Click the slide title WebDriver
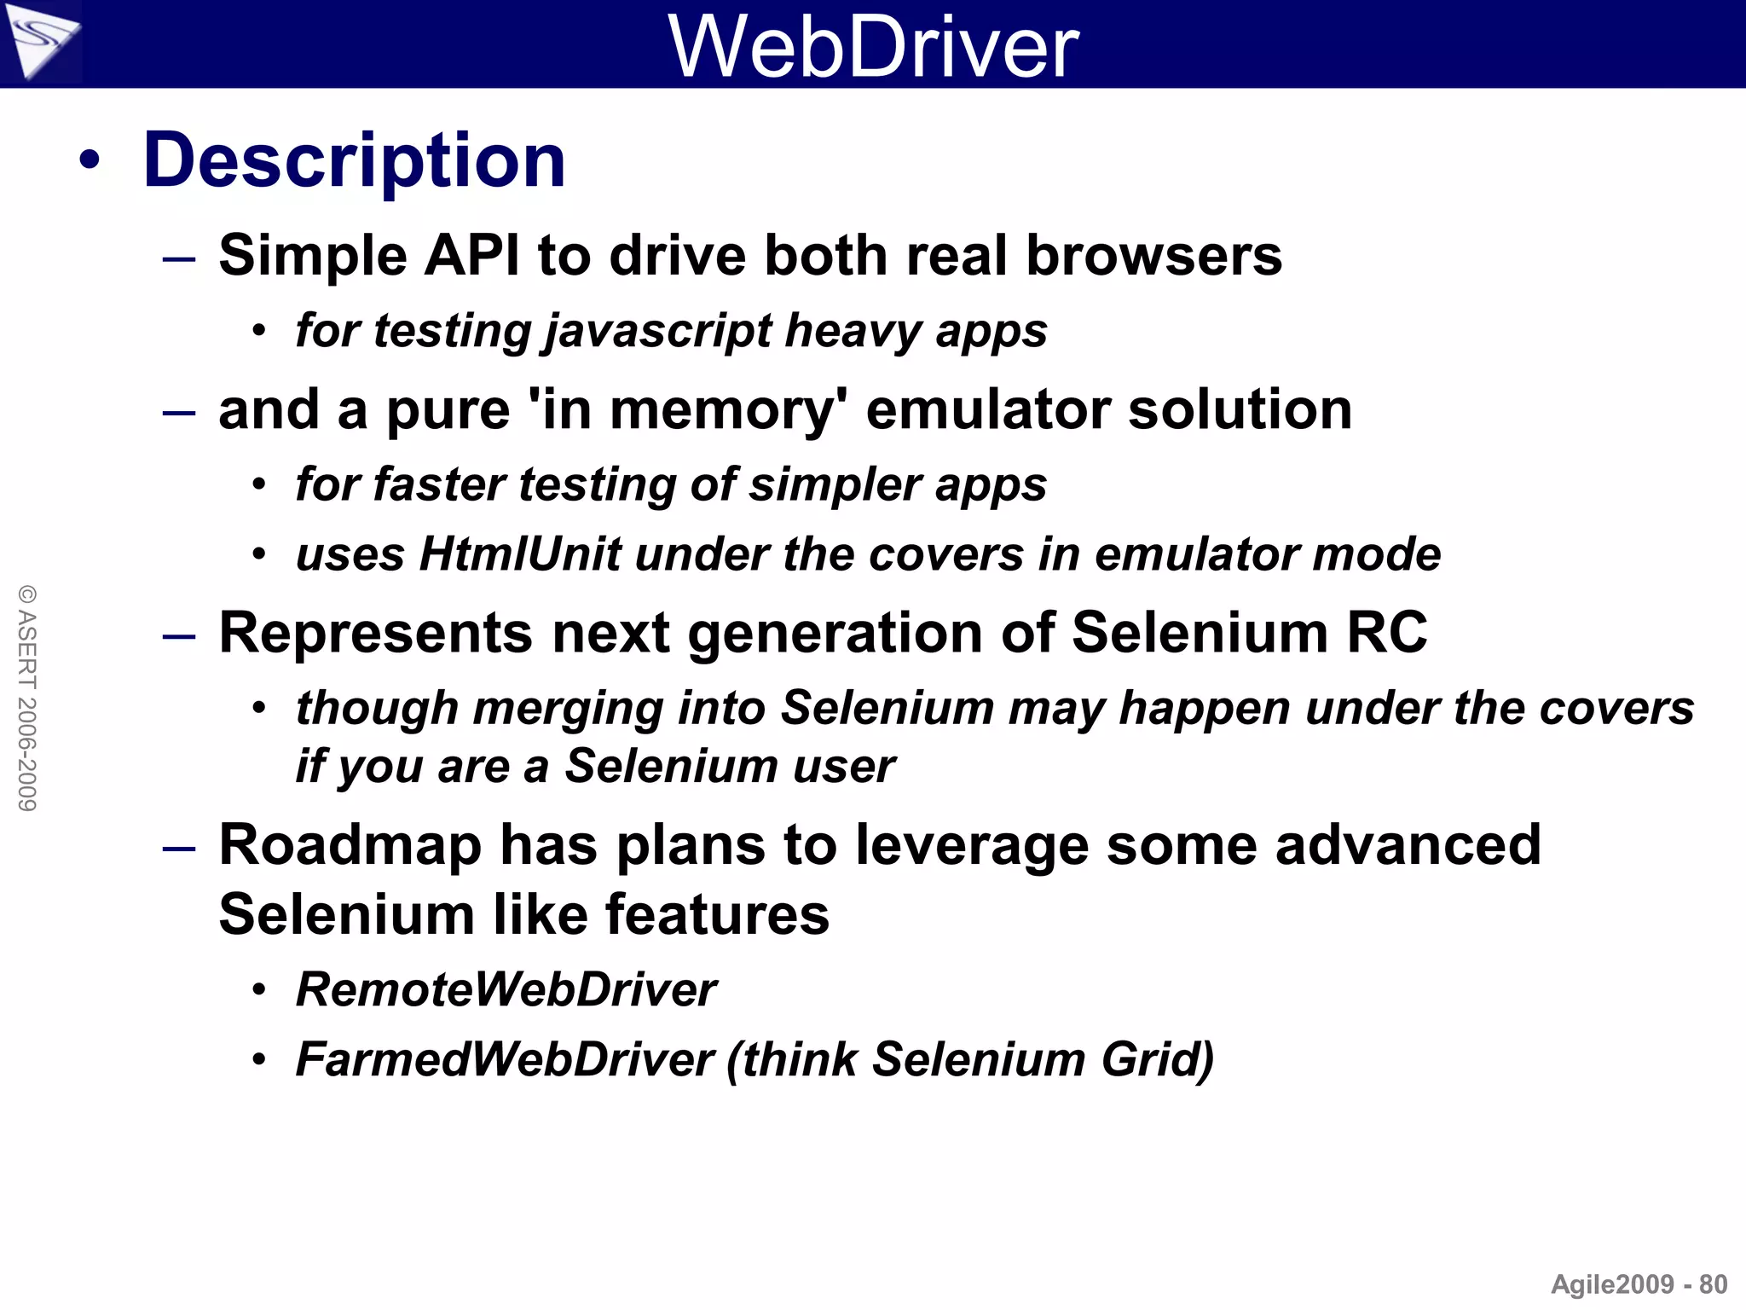tap(874, 47)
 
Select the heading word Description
tap(355, 160)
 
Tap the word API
tap(471, 255)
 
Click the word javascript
tap(659, 331)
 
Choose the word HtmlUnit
tap(520, 554)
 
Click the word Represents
tap(376, 633)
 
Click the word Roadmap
tap(350, 845)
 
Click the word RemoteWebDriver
tap(506, 990)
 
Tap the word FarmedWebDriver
tap(505, 1060)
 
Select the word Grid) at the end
tap(1157, 1060)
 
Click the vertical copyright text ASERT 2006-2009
tap(27, 698)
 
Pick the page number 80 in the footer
tap(1713, 1284)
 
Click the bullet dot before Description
tap(90, 160)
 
